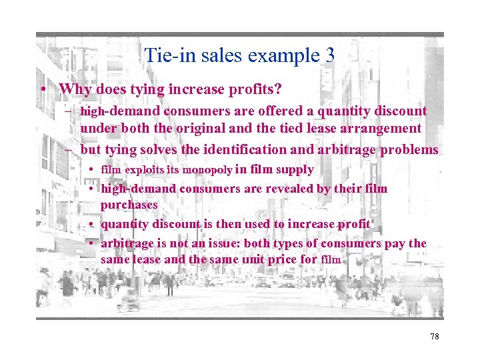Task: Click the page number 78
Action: pyautogui.click(x=435, y=337)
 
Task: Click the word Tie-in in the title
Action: pyautogui.click(x=165, y=55)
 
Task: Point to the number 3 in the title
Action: pyautogui.click(x=329, y=55)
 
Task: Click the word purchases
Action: pyautogui.click(x=129, y=205)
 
